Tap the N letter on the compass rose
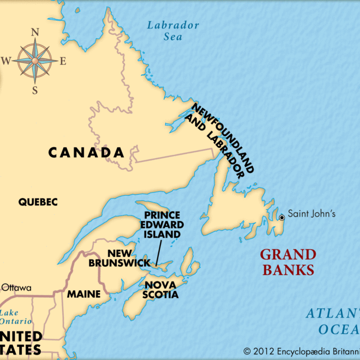(x=34, y=32)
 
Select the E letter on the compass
(x=63, y=61)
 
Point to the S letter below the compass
(x=34, y=91)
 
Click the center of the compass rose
(x=34, y=61)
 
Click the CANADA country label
(x=86, y=153)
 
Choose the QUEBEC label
(x=38, y=202)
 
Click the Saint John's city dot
(x=282, y=218)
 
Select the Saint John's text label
(x=311, y=214)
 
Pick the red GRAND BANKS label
(x=287, y=262)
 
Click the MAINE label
(x=83, y=294)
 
